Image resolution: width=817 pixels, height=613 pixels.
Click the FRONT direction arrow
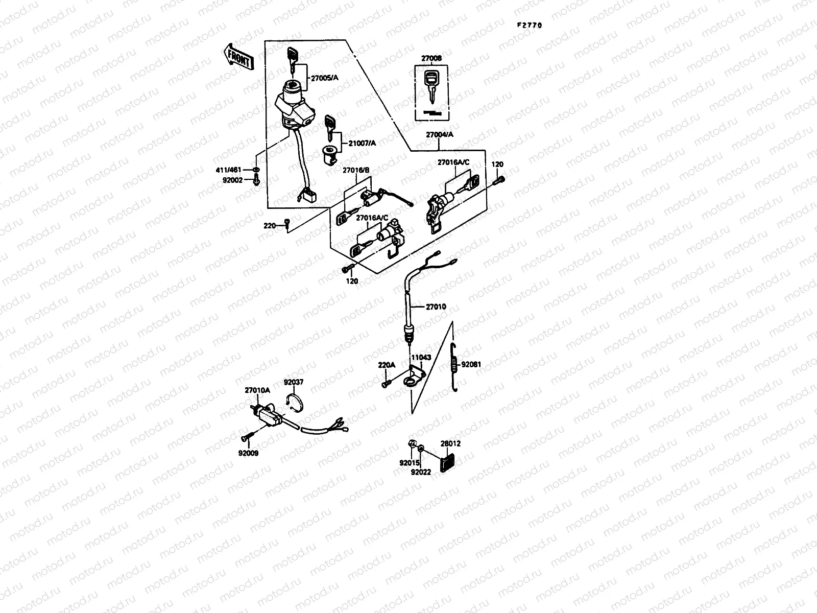(x=238, y=56)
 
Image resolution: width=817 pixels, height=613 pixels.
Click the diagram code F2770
(x=528, y=25)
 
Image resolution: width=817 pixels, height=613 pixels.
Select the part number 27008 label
(x=431, y=59)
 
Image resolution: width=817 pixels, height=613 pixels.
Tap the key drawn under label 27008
(x=432, y=86)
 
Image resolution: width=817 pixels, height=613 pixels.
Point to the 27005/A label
(x=325, y=77)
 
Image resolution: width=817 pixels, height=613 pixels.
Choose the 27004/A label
(x=440, y=134)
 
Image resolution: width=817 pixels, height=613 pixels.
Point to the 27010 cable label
(x=436, y=306)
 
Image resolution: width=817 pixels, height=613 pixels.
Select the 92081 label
(x=471, y=365)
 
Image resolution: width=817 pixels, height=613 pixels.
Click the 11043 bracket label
(x=421, y=358)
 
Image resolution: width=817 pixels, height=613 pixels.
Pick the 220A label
(x=387, y=365)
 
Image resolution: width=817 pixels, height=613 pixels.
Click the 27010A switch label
(x=257, y=390)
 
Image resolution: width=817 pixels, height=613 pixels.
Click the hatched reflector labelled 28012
(x=447, y=458)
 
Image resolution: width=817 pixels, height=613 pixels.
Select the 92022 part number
(x=421, y=472)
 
